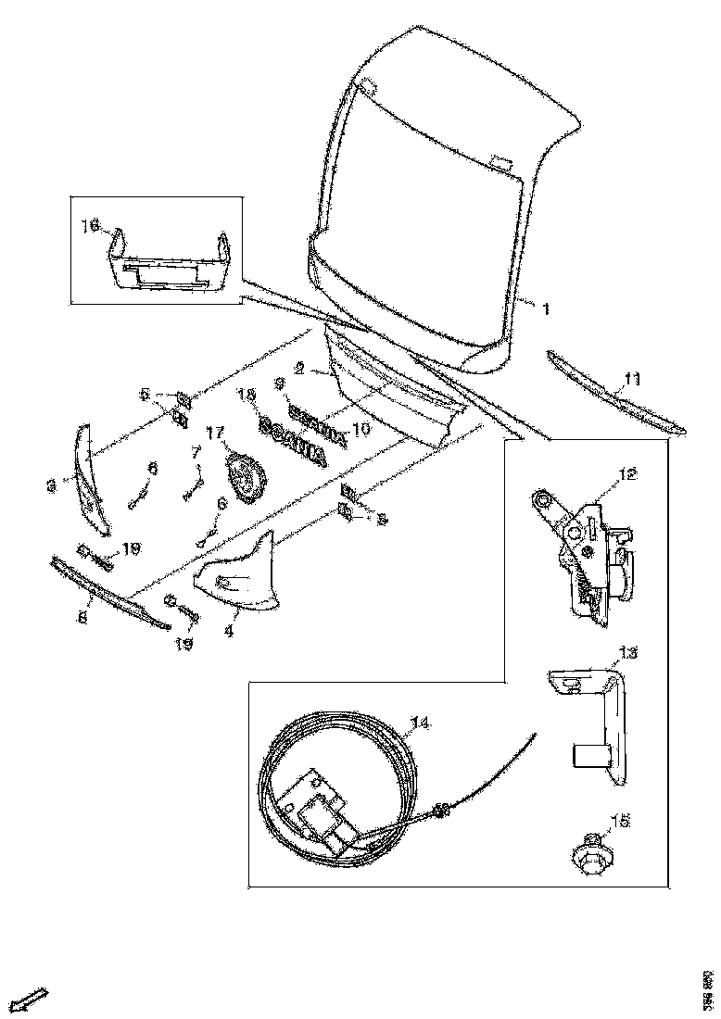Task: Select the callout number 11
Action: (632, 378)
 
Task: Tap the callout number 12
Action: (628, 474)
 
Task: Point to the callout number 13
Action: (628, 653)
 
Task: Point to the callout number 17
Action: (215, 432)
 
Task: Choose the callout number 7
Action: (196, 452)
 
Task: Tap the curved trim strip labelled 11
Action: (616, 394)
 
